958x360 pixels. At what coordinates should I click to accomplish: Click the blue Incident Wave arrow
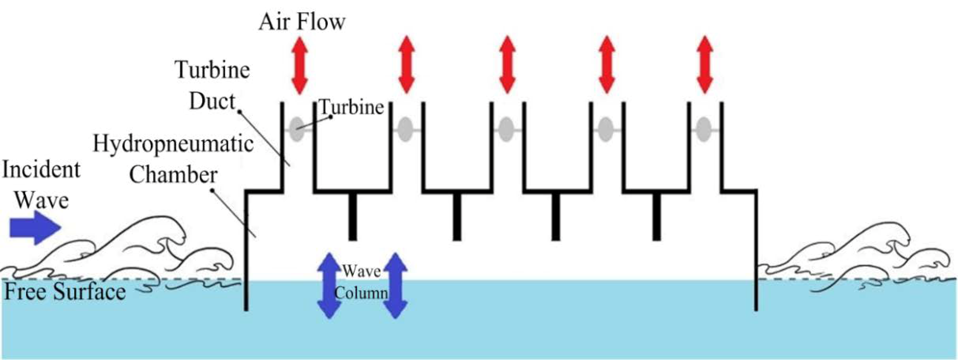click(x=34, y=227)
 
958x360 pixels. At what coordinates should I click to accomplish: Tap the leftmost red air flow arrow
click(x=300, y=65)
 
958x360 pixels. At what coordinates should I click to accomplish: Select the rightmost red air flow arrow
click(x=704, y=65)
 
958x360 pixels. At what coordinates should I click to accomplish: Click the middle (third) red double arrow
click(x=507, y=65)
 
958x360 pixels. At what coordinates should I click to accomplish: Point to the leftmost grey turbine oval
click(x=296, y=129)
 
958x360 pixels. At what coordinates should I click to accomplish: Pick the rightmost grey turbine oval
click(x=703, y=129)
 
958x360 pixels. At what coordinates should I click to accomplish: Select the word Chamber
click(x=173, y=175)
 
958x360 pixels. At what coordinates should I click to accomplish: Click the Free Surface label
click(x=65, y=292)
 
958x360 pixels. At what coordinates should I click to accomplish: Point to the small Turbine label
click(x=351, y=107)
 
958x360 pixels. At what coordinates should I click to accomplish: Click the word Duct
click(x=212, y=101)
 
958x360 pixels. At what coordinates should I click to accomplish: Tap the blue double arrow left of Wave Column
click(x=329, y=286)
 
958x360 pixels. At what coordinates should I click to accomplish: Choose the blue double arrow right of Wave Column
click(x=395, y=286)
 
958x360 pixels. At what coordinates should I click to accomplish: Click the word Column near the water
click(x=361, y=293)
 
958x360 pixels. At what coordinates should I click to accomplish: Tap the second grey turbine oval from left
click(x=405, y=129)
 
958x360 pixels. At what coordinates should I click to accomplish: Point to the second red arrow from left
click(x=406, y=65)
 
